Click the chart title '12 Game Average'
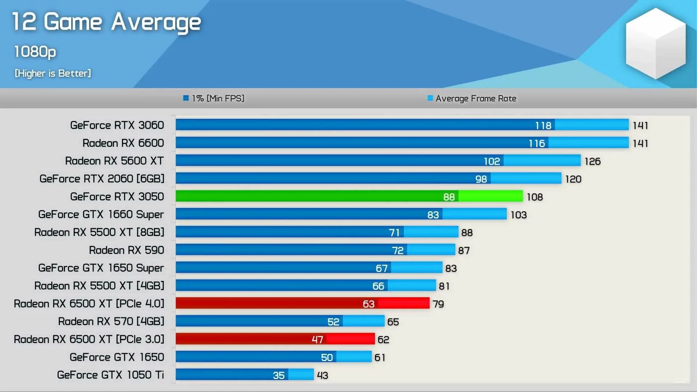click(x=106, y=22)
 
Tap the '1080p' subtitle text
click(x=35, y=52)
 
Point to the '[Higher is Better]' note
click(x=53, y=73)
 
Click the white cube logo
click(x=655, y=44)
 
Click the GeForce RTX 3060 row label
click(x=117, y=125)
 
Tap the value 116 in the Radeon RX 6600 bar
click(x=537, y=143)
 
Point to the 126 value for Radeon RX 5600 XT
click(x=592, y=161)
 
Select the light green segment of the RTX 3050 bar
click(x=490, y=196)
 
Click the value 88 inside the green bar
click(x=449, y=197)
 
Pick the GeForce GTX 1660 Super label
click(x=101, y=215)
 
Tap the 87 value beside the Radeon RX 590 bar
click(x=464, y=250)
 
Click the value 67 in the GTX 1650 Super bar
click(x=382, y=268)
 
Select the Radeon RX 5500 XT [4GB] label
click(x=99, y=286)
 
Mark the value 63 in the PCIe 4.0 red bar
click(x=368, y=304)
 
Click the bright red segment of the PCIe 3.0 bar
click(x=350, y=339)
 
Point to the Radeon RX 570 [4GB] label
click(x=111, y=322)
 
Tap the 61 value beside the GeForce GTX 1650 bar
click(x=380, y=358)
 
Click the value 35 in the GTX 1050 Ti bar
click(x=278, y=375)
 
